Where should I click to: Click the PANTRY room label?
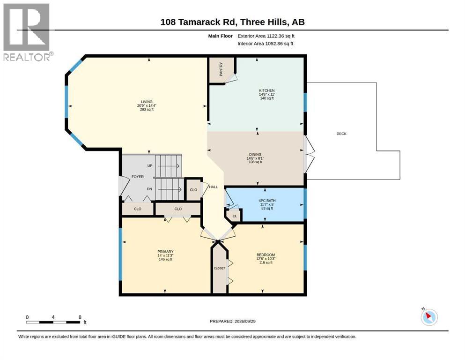coord(221,69)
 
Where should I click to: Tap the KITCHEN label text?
coord(267,90)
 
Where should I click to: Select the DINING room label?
coord(255,154)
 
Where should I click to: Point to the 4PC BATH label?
coord(267,201)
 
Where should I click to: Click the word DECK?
coord(341,134)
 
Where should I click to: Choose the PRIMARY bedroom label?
coord(165,252)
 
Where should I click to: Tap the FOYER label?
coord(138,177)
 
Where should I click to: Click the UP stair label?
coord(150,165)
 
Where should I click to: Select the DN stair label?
coord(150,189)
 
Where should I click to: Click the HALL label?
coord(213,187)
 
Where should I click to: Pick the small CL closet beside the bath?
coord(235,216)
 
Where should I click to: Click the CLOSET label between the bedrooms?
coord(220,268)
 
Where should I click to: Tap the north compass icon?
coord(429,317)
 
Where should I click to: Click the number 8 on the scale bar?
coord(80,317)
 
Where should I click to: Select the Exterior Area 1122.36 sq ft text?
coord(266,36)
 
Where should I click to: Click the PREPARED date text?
coord(232,321)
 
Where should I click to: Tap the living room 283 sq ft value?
coord(147,110)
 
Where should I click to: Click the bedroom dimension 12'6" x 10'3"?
coord(266,258)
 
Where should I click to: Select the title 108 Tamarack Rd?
coord(199,22)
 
